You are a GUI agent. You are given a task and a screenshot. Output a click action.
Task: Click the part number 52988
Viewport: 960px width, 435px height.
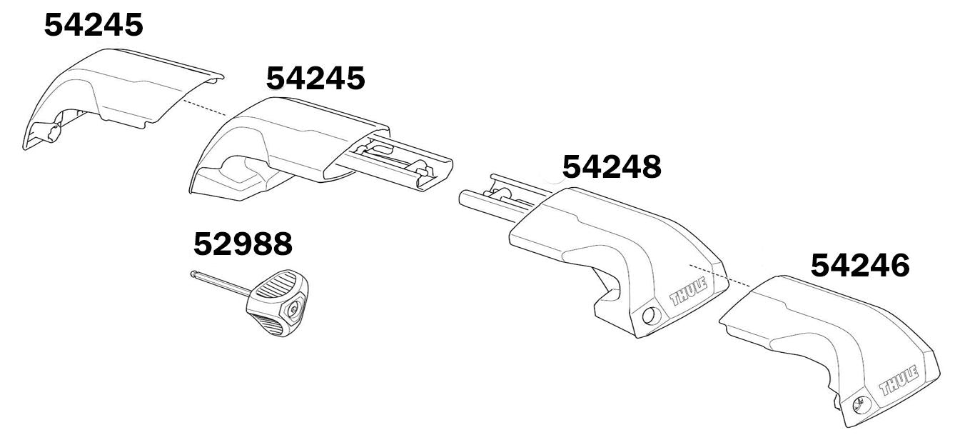(243, 244)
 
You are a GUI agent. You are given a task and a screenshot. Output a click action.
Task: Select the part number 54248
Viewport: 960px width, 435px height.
(612, 167)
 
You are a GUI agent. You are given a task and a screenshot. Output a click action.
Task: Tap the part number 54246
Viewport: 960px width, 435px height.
(860, 266)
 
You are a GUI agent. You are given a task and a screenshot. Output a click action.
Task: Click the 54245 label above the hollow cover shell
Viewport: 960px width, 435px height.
(94, 26)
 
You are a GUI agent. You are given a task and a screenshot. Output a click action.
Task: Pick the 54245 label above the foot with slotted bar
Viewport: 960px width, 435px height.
(315, 78)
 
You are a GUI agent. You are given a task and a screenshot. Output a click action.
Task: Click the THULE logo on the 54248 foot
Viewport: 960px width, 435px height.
(689, 291)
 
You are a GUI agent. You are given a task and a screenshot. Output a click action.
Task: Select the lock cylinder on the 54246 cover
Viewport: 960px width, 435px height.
(859, 404)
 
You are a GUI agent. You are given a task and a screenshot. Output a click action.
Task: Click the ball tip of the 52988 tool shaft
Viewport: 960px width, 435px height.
(195, 274)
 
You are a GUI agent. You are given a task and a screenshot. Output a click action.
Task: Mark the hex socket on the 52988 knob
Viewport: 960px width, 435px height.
(293, 311)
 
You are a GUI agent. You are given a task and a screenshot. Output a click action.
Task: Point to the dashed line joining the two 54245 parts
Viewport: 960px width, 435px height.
(203, 108)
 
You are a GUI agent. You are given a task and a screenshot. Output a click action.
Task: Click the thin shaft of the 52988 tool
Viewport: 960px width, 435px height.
(221, 284)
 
